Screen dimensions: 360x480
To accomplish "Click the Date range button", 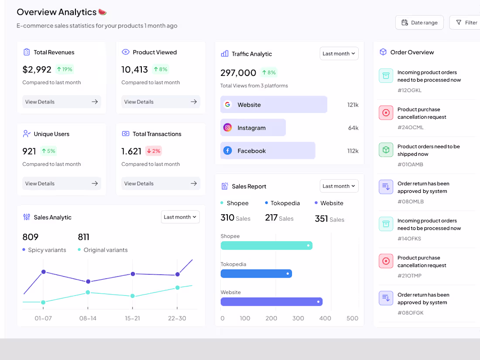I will tap(419, 23).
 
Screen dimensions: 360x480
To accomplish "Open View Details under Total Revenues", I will tap(62, 102).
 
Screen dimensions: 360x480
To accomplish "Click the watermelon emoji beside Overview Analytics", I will tap(103, 12).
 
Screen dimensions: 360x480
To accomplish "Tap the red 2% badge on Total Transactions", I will tap(154, 151).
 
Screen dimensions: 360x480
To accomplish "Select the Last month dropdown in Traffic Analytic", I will tap(339, 54).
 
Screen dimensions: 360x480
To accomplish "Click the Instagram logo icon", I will tap(227, 127).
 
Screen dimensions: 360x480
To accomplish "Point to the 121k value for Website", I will tap(353, 105).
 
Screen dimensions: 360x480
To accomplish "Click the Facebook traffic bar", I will tap(267, 151).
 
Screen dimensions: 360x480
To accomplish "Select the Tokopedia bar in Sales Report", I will tap(256, 274).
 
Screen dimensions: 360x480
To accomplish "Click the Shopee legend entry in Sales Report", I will tap(234, 203).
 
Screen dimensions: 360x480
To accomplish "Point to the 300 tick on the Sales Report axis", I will tap(298, 318).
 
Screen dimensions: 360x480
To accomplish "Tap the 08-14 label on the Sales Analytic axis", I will tap(88, 318).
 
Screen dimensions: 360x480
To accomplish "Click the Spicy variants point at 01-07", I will tap(44, 272).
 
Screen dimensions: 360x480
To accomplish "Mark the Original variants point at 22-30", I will tap(178, 288).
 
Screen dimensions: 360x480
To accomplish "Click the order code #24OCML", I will tap(410, 127).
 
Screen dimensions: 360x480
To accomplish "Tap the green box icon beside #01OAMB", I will tap(386, 150).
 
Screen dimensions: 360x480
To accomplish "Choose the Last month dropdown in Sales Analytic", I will tap(180, 217).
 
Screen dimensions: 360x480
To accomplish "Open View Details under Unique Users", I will tap(62, 183).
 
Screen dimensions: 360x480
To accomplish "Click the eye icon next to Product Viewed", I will tap(126, 52).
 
